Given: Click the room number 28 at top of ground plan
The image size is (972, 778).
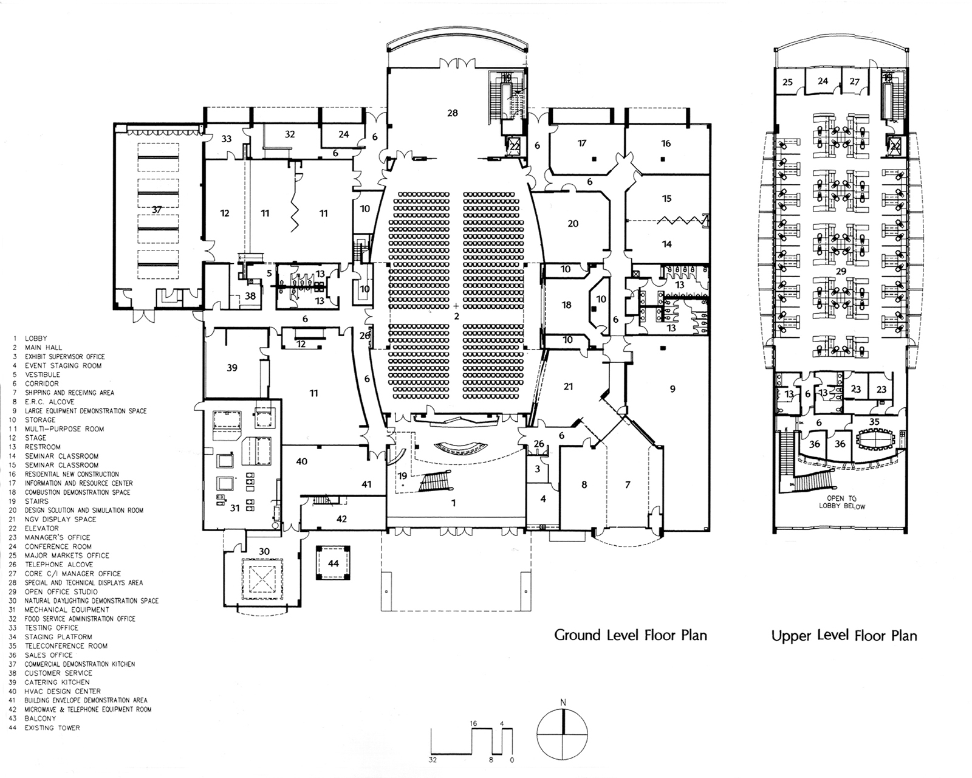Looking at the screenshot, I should point(452,113).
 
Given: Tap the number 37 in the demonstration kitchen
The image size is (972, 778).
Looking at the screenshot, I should point(157,210).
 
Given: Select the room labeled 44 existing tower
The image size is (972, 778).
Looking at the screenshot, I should point(333,563).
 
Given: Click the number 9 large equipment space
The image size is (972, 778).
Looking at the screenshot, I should point(673,389).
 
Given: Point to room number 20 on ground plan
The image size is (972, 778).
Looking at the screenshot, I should point(573,224).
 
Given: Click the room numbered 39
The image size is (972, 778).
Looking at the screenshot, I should point(231,368).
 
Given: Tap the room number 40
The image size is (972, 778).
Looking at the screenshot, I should point(301,461).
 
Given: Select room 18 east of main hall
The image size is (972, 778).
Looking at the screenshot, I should point(566,305).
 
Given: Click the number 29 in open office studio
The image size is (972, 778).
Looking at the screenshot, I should point(841,271).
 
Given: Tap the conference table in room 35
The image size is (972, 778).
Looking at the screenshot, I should point(874,439).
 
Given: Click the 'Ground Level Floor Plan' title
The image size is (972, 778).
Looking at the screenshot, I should point(630,635).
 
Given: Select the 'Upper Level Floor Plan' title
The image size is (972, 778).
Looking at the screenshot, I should point(844,636).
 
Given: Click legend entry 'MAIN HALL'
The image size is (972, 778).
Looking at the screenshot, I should point(43,348).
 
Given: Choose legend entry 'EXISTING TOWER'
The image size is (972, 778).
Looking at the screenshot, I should point(52,728).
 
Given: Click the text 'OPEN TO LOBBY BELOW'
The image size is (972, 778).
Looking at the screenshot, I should point(841,502).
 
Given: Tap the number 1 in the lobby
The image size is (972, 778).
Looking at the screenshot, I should point(453,503).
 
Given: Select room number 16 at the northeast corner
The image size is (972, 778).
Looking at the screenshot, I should point(666,143).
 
